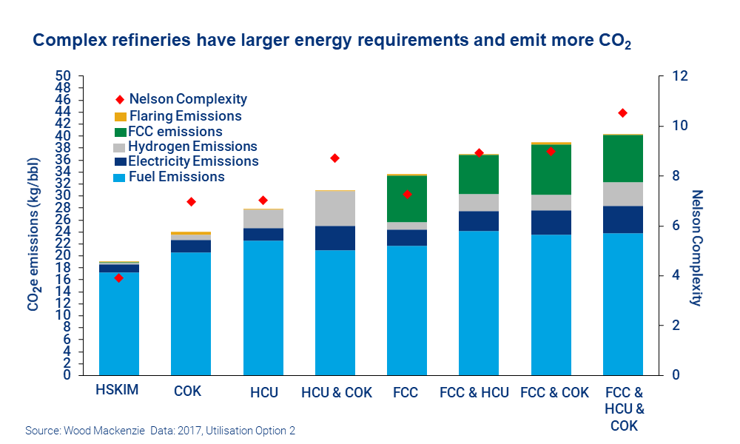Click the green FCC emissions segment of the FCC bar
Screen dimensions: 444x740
pos(406,198)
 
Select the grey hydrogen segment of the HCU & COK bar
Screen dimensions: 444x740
pos(334,209)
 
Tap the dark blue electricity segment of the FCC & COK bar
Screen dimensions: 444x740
pos(550,222)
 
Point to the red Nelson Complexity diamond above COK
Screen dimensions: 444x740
pos(191,201)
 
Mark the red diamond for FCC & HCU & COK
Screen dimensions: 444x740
pos(622,112)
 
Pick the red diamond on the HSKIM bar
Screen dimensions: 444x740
pos(118,277)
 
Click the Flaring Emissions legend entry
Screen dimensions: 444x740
pos(185,116)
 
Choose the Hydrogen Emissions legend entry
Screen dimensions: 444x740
pos(192,147)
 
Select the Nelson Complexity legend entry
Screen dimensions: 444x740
pos(188,99)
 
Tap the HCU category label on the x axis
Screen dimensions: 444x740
pos(263,393)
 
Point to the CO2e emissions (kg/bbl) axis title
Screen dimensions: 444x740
pos(34,225)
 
